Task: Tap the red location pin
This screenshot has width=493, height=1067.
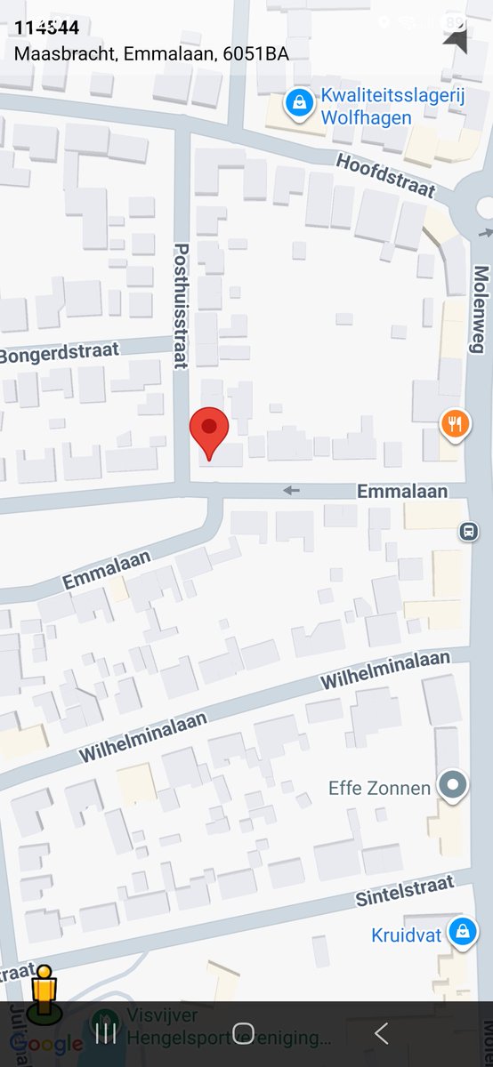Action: pos(209,431)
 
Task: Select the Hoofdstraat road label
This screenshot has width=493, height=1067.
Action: pos(385,175)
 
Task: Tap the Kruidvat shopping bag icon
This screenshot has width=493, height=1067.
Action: pos(461,932)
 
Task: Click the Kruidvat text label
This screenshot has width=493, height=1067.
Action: pos(406,935)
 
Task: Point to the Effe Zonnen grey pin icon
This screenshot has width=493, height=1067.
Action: pos(455,785)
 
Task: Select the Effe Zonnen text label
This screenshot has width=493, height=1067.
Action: pos(379,788)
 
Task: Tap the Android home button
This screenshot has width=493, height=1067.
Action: pos(243,1032)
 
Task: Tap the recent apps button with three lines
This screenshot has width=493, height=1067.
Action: pos(106,1032)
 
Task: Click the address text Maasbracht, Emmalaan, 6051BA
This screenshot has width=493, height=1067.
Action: pos(151,53)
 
